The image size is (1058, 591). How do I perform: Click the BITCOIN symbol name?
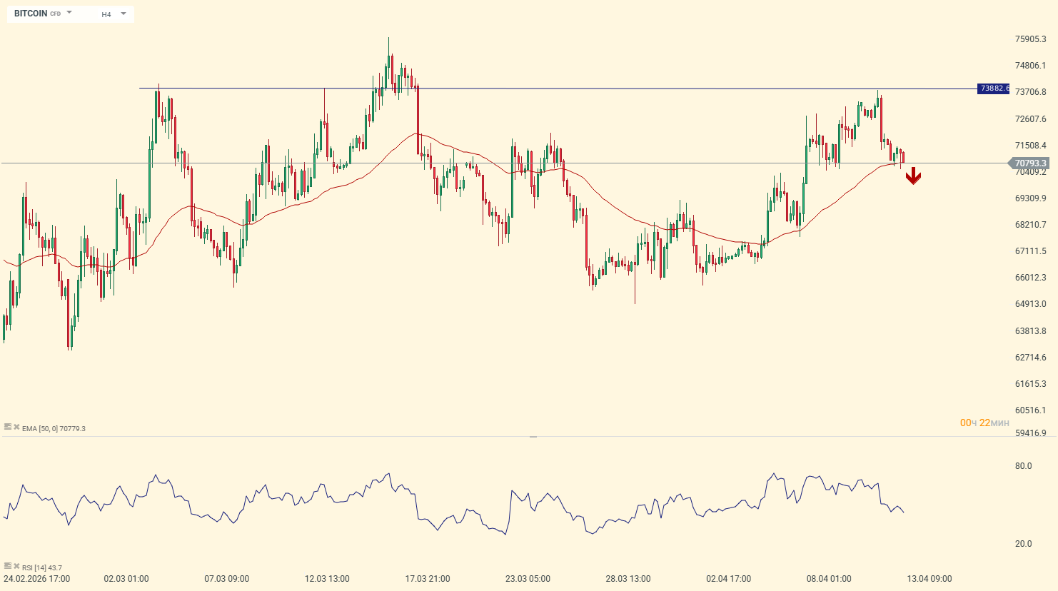[31, 14]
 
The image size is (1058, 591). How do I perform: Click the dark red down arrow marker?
[913, 176]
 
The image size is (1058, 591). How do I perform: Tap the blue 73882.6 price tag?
[993, 89]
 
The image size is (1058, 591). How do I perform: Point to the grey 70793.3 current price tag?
[1030, 163]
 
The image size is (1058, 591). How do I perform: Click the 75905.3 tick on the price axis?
[1030, 39]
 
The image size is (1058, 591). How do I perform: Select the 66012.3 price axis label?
[1030, 278]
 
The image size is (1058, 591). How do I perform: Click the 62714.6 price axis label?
[1030, 358]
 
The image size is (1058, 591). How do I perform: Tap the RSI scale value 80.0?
[1023, 466]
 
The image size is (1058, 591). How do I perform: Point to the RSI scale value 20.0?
[1023, 544]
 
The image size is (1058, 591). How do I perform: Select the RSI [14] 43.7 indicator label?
[41, 568]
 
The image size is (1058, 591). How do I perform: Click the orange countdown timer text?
[984, 423]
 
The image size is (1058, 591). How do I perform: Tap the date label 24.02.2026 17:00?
[37, 579]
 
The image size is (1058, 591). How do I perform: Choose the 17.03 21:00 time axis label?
[428, 579]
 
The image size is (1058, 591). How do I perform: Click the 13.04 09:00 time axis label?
[929, 579]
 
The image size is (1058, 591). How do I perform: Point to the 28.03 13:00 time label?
[628, 579]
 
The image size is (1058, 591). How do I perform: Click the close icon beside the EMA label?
[16, 427]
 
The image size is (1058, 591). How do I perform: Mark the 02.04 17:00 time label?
[728, 579]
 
